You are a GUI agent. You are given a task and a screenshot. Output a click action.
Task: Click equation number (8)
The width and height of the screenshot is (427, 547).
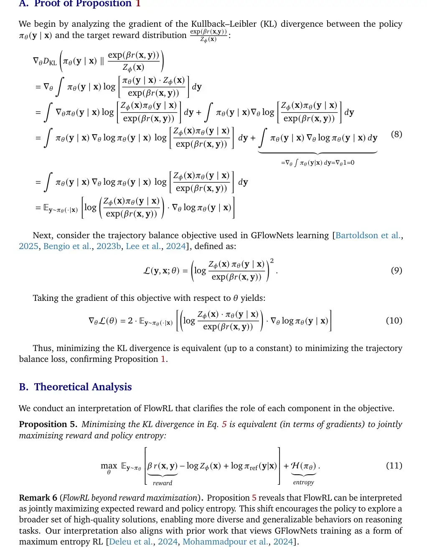tap(396, 134)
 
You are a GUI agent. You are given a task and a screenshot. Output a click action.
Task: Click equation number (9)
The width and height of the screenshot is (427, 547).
tap(396, 270)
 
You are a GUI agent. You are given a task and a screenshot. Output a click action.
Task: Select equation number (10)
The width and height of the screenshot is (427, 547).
tap(394, 321)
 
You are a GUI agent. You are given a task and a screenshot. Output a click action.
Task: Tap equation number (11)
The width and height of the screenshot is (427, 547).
tap(394, 466)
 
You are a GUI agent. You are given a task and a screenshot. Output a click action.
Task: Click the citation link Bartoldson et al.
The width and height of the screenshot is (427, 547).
tap(368, 235)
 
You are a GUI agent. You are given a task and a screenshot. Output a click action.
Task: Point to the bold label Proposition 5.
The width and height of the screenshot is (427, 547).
tap(48, 424)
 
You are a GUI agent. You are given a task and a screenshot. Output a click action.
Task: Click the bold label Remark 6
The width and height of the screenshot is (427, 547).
tap(38, 498)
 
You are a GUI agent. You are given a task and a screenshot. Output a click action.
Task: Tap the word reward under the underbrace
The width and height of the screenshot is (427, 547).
tap(163, 483)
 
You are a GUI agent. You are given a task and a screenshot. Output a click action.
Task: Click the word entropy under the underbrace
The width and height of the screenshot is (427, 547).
tap(303, 482)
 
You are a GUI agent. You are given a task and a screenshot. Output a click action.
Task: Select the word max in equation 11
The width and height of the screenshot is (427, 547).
tap(109, 466)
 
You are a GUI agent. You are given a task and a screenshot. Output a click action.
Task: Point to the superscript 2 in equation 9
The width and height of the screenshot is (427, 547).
tap(272, 261)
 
